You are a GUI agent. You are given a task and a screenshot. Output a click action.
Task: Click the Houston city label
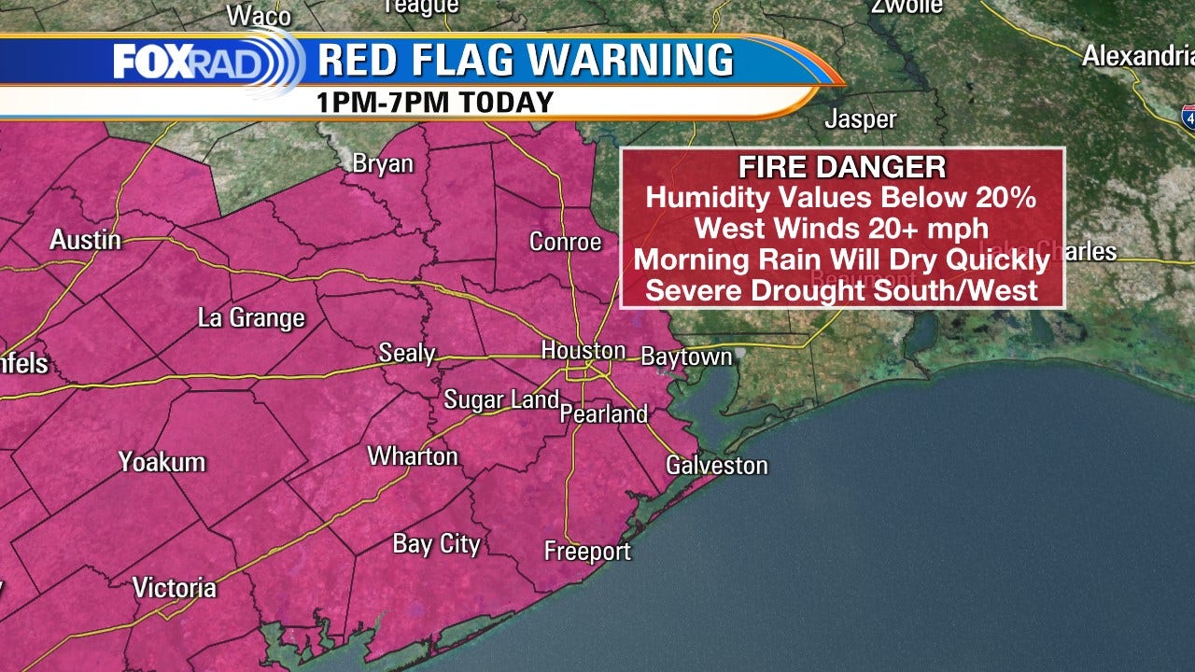[583, 351]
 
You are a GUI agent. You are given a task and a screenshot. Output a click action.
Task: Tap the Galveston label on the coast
[716, 465]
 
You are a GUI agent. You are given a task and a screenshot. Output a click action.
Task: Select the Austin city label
[85, 240]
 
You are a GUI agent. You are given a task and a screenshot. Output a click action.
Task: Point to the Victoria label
[174, 587]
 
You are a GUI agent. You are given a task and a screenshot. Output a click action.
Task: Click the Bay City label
[436, 544]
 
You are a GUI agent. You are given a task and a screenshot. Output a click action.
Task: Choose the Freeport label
[587, 552]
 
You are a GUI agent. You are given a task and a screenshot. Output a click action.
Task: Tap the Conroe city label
[565, 242]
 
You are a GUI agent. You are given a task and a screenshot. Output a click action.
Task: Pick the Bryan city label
[383, 163]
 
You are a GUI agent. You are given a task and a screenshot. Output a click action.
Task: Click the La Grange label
[251, 317]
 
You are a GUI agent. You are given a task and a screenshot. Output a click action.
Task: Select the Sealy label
[407, 353]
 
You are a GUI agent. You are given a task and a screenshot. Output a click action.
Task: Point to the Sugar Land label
[501, 399]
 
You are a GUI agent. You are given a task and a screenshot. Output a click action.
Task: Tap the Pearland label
[604, 413]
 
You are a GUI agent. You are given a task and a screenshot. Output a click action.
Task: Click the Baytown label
[686, 357]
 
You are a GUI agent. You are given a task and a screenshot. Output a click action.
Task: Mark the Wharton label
[413, 455]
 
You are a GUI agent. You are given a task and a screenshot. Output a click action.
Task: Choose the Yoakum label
[162, 461]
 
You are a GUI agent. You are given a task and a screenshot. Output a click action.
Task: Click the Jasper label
[860, 119]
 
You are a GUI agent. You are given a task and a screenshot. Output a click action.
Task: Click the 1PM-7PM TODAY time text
[436, 102]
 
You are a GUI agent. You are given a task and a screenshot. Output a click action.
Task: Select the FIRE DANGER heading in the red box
[842, 167]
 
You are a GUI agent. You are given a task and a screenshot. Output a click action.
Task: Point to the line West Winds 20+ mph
[842, 228]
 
